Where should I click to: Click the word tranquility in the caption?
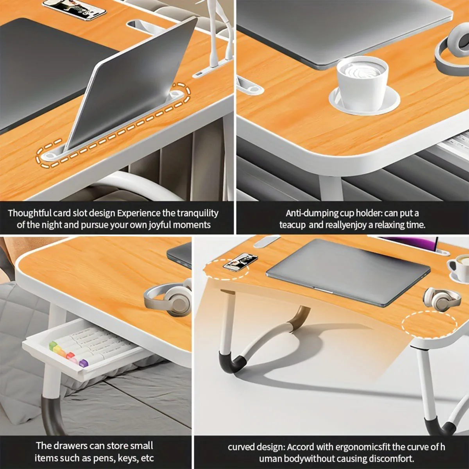(x=197, y=213)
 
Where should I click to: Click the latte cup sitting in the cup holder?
(x=362, y=80)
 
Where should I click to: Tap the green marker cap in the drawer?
(x=53, y=345)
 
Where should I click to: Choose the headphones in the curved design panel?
(x=442, y=299)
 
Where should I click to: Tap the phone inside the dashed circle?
(x=240, y=262)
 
